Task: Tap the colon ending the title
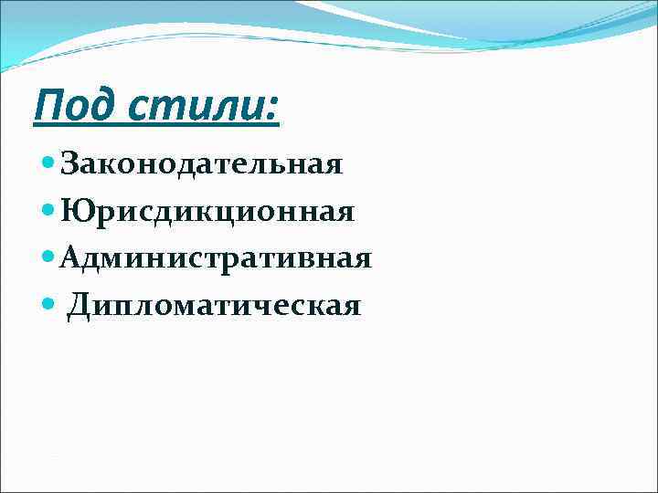[270, 108]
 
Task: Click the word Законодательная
[200, 164]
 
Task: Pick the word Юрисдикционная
[207, 212]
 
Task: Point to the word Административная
[215, 258]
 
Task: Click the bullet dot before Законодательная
[48, 164]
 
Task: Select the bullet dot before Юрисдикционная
[48, 212]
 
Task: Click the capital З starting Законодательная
[69, 164]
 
